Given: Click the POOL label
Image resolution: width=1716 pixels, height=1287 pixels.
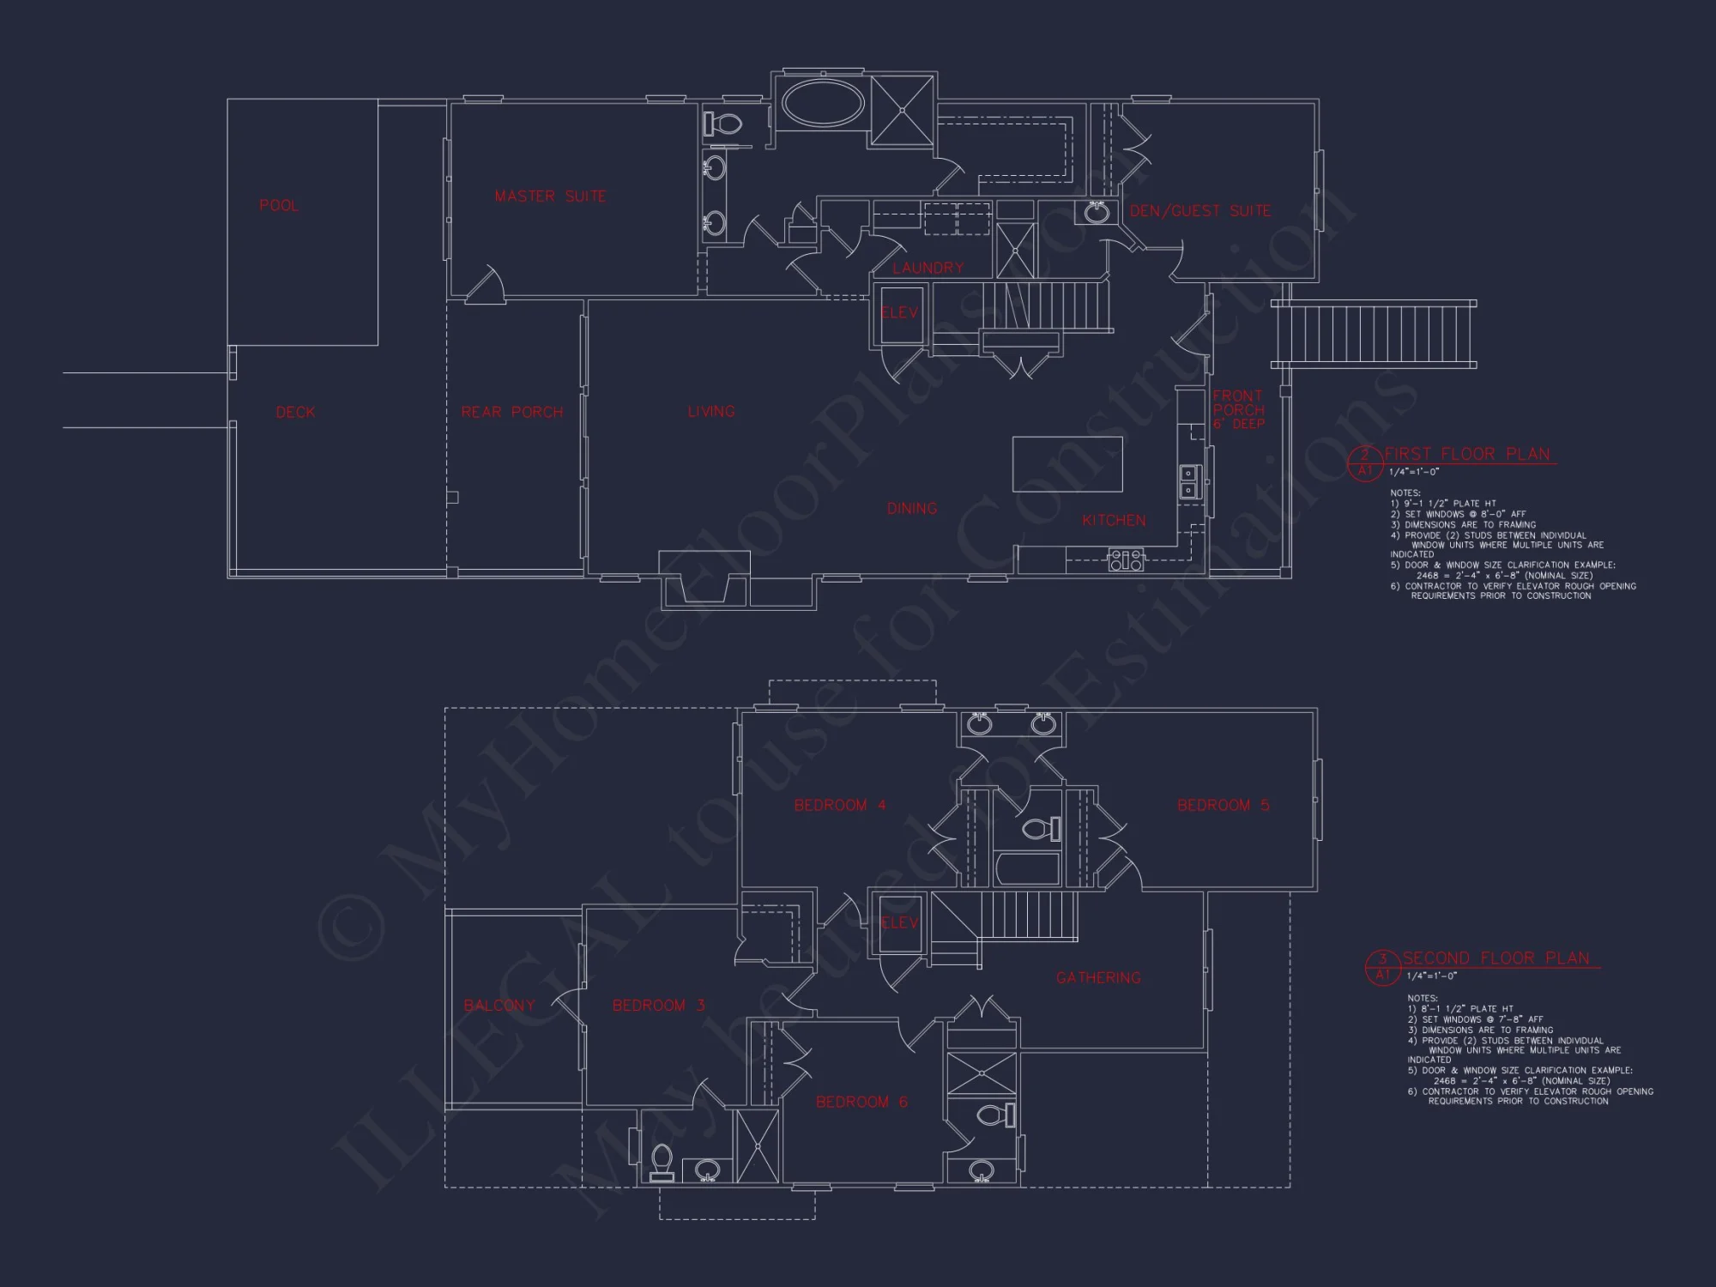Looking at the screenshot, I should click(279, 206).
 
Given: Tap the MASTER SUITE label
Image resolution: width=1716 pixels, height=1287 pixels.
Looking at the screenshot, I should click(550, 196).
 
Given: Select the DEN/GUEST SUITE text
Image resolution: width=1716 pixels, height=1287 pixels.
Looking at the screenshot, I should click(1199, 211).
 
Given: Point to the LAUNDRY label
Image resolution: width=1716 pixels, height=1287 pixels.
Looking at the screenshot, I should click(927, 269).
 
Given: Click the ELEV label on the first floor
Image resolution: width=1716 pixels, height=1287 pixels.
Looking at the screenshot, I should click(899, 313).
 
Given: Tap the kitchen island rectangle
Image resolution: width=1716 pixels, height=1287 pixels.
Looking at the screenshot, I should click(1067, 463).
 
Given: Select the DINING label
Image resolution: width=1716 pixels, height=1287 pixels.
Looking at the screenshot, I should click(911, 509).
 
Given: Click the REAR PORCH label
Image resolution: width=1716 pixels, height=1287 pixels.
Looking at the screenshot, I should click(512, 413).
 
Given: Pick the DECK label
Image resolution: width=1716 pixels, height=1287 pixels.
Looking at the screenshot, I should click(295, 413).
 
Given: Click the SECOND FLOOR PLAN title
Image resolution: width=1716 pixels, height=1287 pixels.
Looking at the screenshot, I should click(1495, 958).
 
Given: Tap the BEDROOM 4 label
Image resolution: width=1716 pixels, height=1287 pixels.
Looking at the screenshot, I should click(839, 806).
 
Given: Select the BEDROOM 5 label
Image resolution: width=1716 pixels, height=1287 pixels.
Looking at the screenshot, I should click(1223, 806).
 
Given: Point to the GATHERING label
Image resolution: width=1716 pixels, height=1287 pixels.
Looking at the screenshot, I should click(1098, 978).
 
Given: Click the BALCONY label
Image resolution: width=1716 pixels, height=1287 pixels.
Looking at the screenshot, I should click(498, 1006).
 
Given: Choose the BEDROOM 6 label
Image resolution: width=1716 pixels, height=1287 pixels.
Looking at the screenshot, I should click(861, 1103).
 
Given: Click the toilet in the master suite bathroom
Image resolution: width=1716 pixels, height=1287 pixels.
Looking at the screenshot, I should click(723, 124).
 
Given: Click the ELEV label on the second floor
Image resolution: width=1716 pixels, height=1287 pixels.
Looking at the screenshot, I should click(899, 923).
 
